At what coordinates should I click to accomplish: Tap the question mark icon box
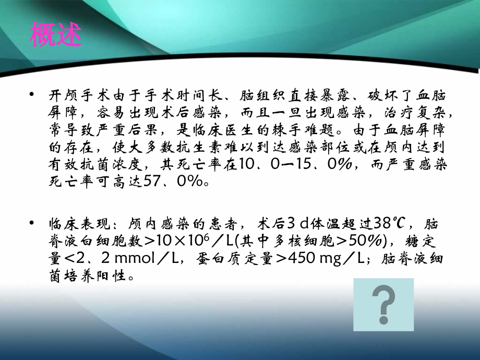(x=383, y=304)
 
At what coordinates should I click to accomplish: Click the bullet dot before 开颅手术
(x=33, y=94)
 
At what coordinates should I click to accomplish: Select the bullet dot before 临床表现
(x=33, y=223)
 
